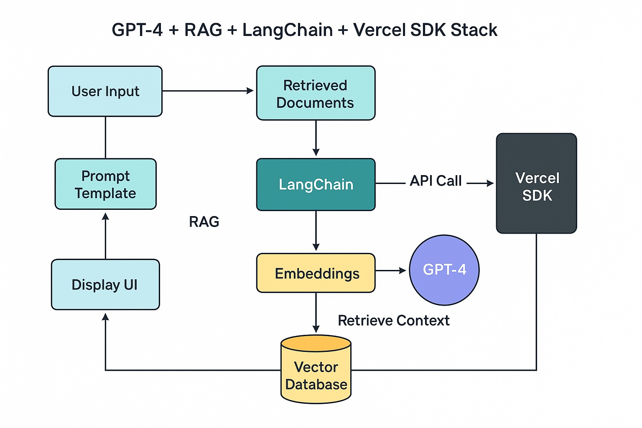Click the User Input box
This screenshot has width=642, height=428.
[x=105, y=91]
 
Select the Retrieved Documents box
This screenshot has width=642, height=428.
[x=316, y=93]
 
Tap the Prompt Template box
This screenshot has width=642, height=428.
[x=105, y=184]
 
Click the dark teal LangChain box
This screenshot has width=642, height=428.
[x=316, y=184]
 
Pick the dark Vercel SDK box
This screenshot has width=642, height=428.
[x=536, y=183]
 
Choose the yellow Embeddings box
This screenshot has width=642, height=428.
[x=316, y=273]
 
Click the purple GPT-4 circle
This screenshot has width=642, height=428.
[x=444, y=270]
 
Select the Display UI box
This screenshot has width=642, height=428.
[x=105, y=285]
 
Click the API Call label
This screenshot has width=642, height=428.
[x=436, y=181]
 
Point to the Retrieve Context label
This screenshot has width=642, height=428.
[x=393, y=321]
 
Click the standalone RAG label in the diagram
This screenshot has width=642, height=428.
[x=204, y=222]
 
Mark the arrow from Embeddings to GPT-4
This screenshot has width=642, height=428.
[x=391, y=271]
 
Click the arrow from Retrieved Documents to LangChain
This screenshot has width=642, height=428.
[x=316, y=138]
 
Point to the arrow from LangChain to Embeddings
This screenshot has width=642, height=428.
[x=316, y=231]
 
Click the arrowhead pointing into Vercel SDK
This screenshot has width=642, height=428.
[x=490, y=183]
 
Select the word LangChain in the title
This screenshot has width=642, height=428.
[x=288, y=30]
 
